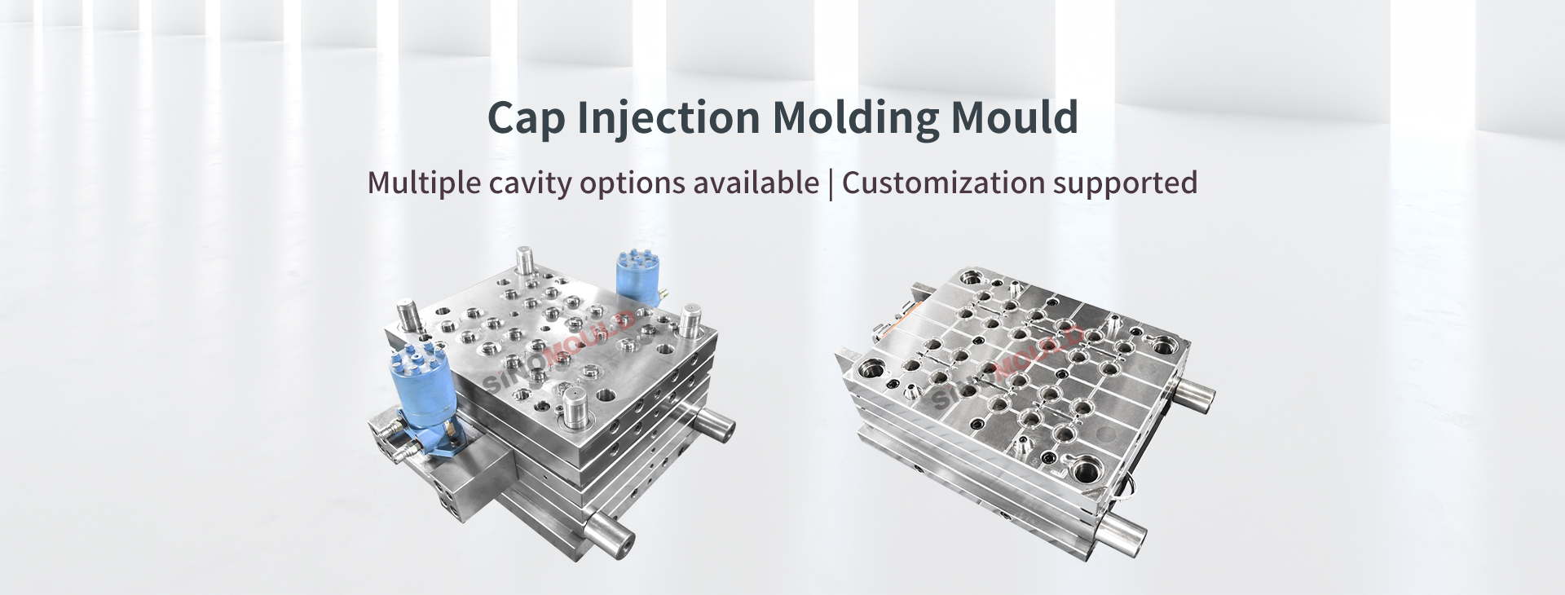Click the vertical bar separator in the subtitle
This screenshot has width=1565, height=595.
click(831, 183)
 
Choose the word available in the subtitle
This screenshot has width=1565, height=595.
click(756, 183)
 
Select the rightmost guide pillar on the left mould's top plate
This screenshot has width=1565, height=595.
click(691, 320)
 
